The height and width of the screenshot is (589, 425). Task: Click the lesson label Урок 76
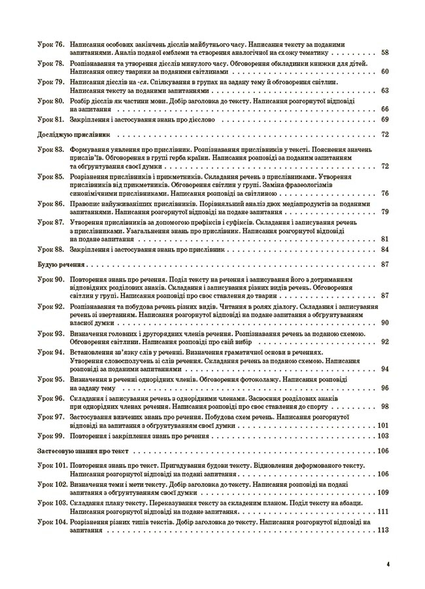[x=50, y=43]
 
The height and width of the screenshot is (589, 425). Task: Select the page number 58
[x=384, y=52]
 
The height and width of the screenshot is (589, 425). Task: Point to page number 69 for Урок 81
[x=384, y=119]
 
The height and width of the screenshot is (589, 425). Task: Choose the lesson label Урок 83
[x=50, y=150]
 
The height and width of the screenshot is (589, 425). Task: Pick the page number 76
[x=384, y=194]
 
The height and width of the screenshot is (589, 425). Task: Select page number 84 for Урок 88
[x=384, y=249]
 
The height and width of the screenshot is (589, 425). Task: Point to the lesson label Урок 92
[x=50, y=306]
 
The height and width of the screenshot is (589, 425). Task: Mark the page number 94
[x=384, y=369]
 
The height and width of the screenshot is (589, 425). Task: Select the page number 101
[x=383, y=425]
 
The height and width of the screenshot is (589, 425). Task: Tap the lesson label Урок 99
[x=50, y=436]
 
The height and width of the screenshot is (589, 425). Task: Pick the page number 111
[x=383, y=511]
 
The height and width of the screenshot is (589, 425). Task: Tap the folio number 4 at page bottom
[x=388, y=563]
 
